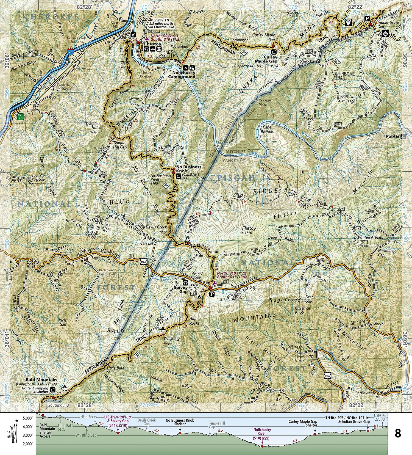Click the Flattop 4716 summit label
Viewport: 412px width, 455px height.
click(249, 230)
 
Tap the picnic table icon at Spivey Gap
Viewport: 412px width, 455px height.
click(185, 283)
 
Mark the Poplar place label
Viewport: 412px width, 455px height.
click(392, 136)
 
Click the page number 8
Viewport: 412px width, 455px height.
click(397, 434)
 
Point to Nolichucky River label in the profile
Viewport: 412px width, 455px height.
click(262, 432)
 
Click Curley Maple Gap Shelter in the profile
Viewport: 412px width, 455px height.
click(303, 423)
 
